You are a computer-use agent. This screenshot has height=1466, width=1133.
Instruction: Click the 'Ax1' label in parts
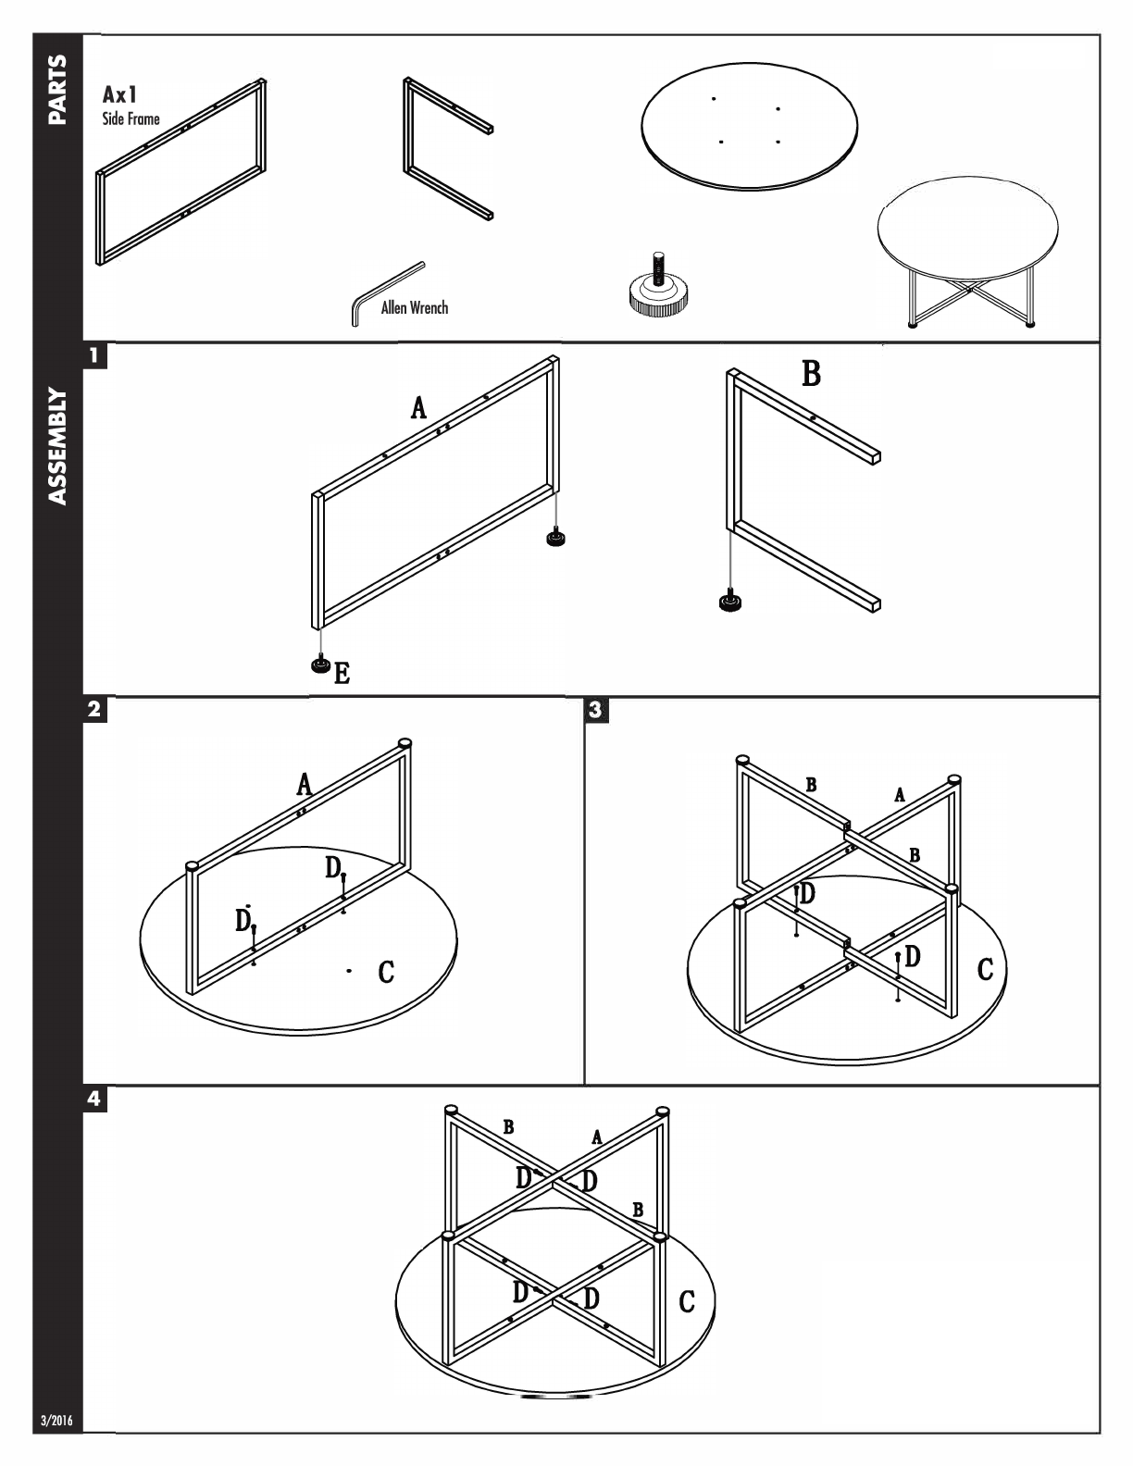click(x=120, y=95)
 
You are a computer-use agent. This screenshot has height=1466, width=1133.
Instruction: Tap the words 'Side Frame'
click(x=131, y=118)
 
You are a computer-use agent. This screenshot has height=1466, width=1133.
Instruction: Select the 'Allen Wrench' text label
click(x=414, y=307)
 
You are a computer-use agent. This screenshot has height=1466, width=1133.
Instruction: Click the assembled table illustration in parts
click(x=967, y=251)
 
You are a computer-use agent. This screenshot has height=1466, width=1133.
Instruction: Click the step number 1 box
click(x=94, y=354)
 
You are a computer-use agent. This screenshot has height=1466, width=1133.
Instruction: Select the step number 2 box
click(x=94, y=710)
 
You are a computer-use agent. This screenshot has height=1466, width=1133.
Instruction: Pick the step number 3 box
click(x=595, y=710)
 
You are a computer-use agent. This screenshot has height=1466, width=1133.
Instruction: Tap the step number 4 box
click(x=94, y=1099)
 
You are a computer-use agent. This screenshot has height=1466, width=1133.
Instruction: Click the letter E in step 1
click(x=342, y=673)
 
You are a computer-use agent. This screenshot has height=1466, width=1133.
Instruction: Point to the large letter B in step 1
click(x=811, y=374)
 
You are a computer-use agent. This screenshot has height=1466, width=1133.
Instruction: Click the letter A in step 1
click(x=419, y=407)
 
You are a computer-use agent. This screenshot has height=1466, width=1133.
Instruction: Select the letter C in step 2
click(x=386, y=972)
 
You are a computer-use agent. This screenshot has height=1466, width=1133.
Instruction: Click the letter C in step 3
click(x=985, y=969)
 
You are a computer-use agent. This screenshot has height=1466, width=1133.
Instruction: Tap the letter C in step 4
click(x=687, y=1301)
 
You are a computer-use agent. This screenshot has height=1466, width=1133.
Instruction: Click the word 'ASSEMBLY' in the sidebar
click(x=57, y=446)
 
